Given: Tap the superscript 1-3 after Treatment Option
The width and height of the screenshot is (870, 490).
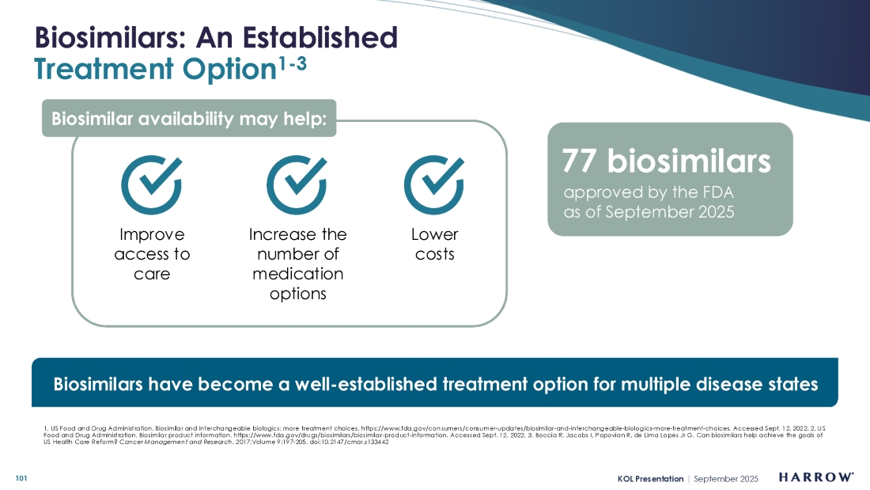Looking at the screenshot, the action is [293, 64].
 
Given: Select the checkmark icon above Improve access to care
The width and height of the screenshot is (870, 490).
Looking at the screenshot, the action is [152, 184].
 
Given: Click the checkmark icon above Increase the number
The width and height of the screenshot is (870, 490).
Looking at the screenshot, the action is [297, 184].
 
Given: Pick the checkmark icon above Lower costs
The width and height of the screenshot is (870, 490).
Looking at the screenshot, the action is [434, 184].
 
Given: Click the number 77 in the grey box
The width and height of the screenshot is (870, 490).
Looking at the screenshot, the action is [579, 161].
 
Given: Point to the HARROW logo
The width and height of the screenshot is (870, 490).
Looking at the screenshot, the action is [816, 477].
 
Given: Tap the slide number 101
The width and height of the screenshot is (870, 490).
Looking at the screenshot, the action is [21, 478].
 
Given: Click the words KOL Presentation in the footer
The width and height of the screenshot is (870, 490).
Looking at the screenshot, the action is [650, 479].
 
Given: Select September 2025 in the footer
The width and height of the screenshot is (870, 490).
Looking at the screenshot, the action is [726, 479].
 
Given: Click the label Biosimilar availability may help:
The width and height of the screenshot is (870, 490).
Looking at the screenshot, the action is [189, 118].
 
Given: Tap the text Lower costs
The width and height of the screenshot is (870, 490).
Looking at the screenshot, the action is [435, 245].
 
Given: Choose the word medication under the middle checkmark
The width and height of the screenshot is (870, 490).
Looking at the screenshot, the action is [298, 274].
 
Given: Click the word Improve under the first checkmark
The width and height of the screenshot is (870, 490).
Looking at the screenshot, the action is [152, 235].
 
